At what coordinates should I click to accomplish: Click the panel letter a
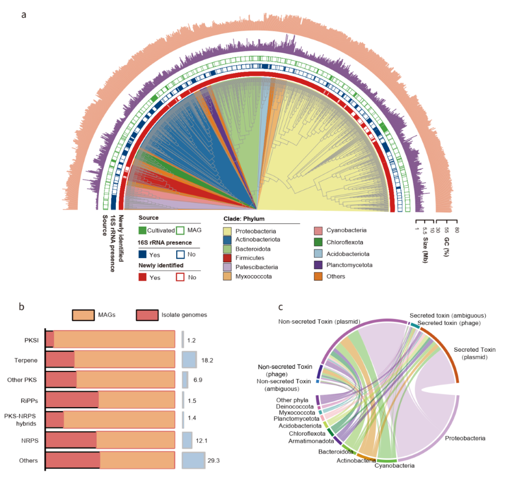pos(24,14)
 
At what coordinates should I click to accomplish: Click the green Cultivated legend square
pos(143,230)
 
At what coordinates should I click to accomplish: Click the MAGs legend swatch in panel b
pos(82,314)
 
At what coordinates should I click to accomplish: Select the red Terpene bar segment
pos(60,360)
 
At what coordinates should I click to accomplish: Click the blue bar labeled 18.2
pos(189,360)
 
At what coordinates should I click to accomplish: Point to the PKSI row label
pos(31,340)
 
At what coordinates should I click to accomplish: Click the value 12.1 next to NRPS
pos(201,440)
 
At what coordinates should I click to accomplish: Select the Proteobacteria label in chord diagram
pos(465,438)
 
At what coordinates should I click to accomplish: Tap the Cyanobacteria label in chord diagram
pos(396,466)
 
